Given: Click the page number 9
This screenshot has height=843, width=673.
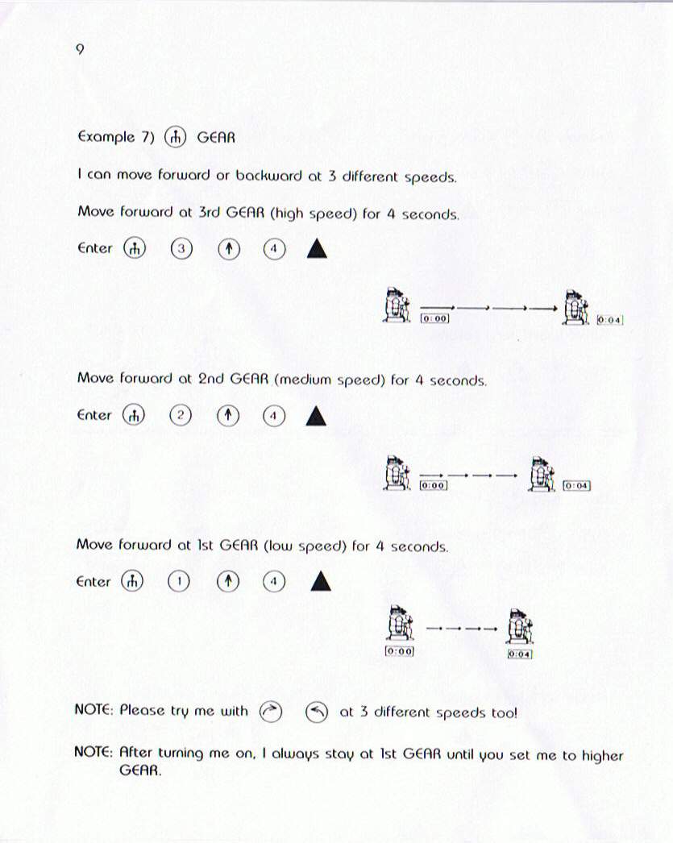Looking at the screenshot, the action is coord(80,49).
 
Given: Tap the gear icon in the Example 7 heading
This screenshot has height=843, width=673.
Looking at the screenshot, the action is coord(175,138).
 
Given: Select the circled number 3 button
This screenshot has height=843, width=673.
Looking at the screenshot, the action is coord(181,248).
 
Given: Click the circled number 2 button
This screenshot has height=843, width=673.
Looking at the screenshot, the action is coord(180,415).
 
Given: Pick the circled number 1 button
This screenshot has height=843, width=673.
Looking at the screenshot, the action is coord(179,582).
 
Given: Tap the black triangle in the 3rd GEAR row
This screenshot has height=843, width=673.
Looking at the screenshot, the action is coord(317,249).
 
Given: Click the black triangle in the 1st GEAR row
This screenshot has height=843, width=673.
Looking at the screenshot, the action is coord(321,581).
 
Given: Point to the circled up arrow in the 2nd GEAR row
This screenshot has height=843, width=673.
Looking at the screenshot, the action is coord(228,416).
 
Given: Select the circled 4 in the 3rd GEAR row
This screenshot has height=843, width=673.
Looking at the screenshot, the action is coord(274,249).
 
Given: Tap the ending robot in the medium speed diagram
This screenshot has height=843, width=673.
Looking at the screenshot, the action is coord(542,474).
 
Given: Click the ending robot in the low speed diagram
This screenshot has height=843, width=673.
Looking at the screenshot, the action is coord(519,626).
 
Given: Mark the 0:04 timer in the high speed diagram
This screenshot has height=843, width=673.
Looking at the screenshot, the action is coord(609,320).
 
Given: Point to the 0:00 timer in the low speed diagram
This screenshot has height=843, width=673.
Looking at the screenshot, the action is coord(400,652).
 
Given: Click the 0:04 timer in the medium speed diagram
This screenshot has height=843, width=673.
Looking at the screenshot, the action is coord(576,486).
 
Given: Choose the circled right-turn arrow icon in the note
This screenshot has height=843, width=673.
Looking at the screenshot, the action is coord(270,712).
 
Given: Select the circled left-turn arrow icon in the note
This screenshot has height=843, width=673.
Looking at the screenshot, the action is coord(317,713).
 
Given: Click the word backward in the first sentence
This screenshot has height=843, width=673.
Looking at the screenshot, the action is coord(268,176).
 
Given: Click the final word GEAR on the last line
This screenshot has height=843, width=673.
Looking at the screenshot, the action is coord(139,770).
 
